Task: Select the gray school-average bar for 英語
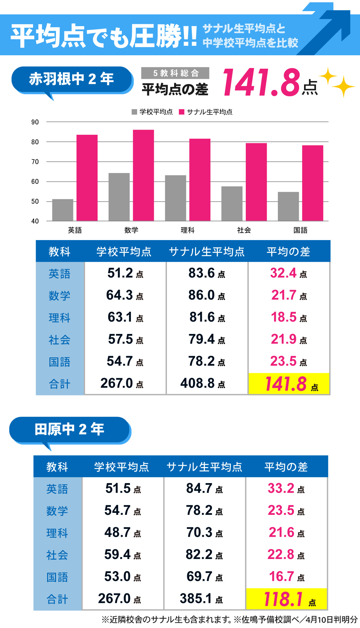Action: click(x=63, y=210)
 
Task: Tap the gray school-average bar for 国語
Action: click(x=288, y=206)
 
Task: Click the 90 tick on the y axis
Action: click(x=35, y=122)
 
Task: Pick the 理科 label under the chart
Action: click(x=188, y=230)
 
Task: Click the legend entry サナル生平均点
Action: click(x=206, y=112)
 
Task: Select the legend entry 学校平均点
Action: click(x=152, y=112)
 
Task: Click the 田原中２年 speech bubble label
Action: click(x=69, y=429)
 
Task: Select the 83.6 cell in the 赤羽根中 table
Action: click(x=207, y=273)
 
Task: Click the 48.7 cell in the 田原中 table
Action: click(x=123, y=532)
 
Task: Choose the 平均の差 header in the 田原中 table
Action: click(x=286, y=467)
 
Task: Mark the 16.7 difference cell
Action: click(x=286, y=577)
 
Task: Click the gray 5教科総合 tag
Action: click(x=175, y=73)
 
